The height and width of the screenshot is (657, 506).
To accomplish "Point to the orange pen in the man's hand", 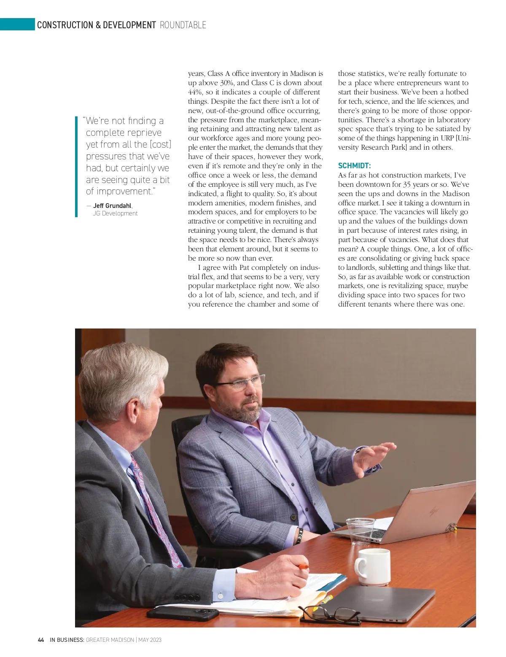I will (x=302, y=567).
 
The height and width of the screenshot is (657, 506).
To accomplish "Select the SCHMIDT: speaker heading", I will (x=354, y=166).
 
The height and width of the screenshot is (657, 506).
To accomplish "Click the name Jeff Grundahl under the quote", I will (x=112, y=206).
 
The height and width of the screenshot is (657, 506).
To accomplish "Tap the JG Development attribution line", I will (x=115, y=213).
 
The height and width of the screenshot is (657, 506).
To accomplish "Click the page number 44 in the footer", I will (x=41, y=640).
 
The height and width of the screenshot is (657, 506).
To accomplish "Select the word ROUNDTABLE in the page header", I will (x=183, y=25).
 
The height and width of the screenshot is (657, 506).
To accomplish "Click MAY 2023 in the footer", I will (x=150, y=640).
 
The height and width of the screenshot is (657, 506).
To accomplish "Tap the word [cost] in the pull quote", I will (x=161, y=144).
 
